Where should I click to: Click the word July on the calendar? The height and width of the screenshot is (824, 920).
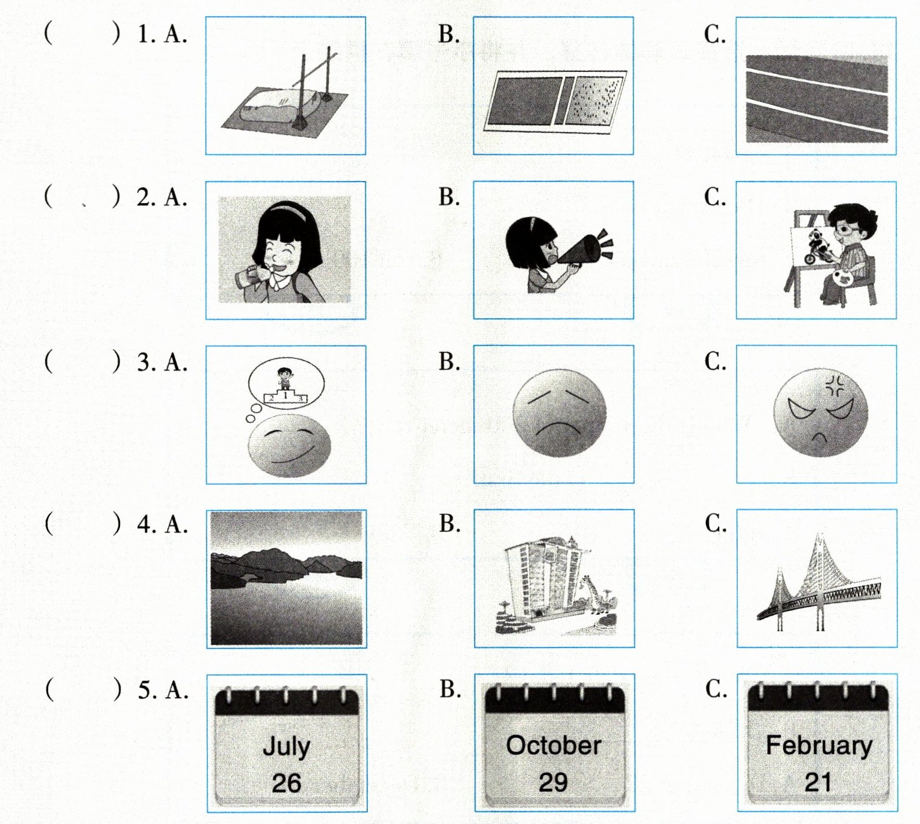pyautogui.click(x=286, y=747)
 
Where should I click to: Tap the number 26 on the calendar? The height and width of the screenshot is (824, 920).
pyautogui.click(x=286, y=783)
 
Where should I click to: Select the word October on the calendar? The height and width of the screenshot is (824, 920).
pyautogui.click(x=553, y=745)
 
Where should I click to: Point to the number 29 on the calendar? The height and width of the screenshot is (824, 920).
pyautogui.click(x=553, y=782)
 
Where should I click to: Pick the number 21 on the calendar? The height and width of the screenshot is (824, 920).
pyautogui.click(x=818, y=782)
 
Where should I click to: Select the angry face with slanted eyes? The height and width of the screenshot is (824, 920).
pyautogui.click(x=821, y=412)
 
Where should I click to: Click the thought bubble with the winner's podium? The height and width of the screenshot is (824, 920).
pyautogui.click(x=286, y=384)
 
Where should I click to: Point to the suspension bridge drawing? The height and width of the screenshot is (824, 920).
pyautogui.click(x=818, y=583)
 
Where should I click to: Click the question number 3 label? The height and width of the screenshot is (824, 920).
pyautogui.click(x=145, y=362)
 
